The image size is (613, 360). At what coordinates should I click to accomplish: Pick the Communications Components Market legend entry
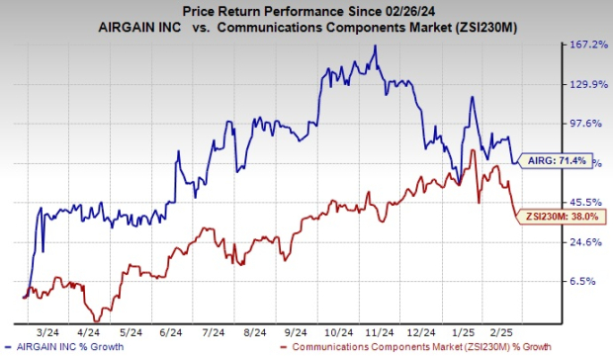pos(404,348)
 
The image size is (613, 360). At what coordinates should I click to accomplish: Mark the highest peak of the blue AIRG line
pos(374,46)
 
